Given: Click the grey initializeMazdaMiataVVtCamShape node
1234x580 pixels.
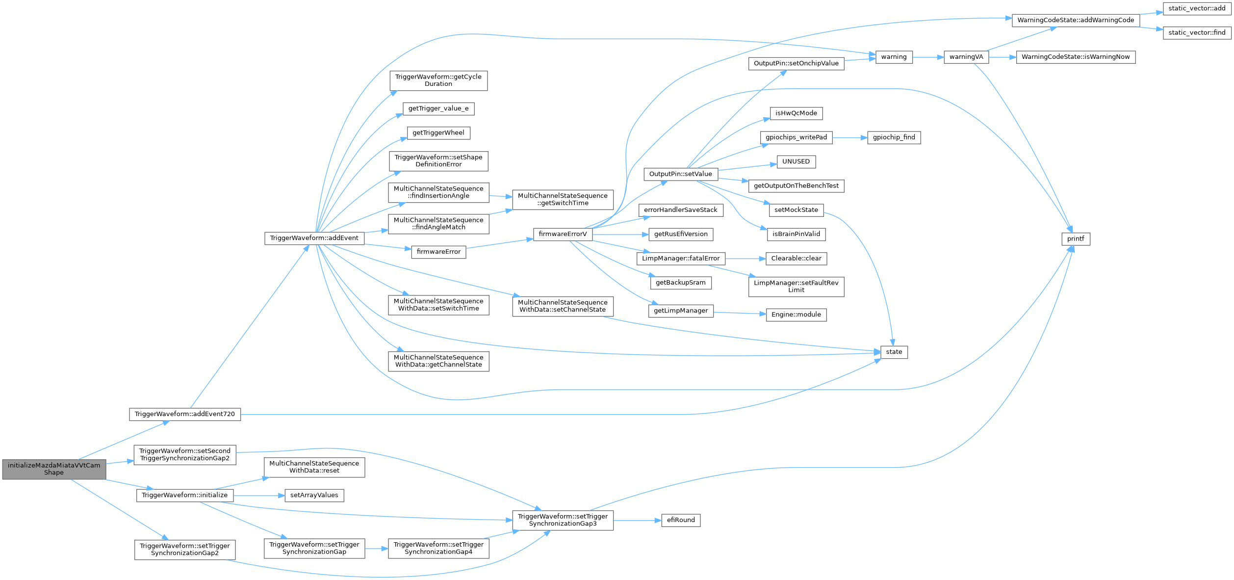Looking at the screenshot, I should pyautogui.click(x=54, y=469).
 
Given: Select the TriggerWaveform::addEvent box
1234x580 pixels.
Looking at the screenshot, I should pyautogui.click(x=314, y=238).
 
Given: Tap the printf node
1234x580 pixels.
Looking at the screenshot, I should pyautogui.click(x=1076, y=239).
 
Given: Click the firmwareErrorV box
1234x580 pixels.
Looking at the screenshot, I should pyautogui.click(x=563, y=234).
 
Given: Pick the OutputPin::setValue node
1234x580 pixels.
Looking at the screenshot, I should pyautogui.click(x=680, y=174).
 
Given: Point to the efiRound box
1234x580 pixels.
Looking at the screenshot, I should pyautogui.click(x=681, y=520).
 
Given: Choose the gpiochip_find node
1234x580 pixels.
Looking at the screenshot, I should pyautogui.click(x=894, y=137).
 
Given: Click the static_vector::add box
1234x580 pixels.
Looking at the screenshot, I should pyautogui.click(x=1197, y=8).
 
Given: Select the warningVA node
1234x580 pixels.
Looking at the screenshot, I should pyautogui.click(x=966, y=57).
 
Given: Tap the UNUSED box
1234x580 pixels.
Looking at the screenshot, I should pyautogui.click(x=796, y=161).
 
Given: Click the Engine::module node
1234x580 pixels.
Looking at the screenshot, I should pyautogui.click(x=796, y=315).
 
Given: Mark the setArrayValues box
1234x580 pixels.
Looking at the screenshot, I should pyautogui.click(x=314, y=495).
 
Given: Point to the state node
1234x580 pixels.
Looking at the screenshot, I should pyautogui.click(x=894, y=352).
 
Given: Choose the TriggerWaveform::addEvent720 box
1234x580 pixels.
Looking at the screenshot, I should pyautogui.click(x=185, y=414).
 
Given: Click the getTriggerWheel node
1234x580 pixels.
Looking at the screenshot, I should pyautogui.click(x=438, y=132).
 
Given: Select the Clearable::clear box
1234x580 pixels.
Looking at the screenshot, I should pyautogui.click(x=796, y=259).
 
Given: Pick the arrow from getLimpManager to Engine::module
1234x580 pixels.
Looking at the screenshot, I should pyautogui.click(x=740, y=313).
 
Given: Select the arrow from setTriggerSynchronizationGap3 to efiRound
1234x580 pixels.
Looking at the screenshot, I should pyautogui.click(x=637, y=520).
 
